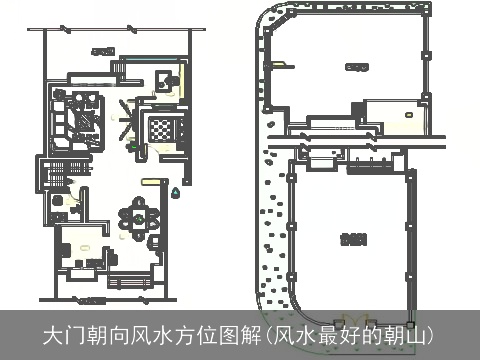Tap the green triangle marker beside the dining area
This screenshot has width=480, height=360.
coord(177,189)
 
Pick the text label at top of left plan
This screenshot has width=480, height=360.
coord(99,49)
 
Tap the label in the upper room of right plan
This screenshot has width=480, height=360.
coord(352,67)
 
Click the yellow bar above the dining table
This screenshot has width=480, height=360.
coord(149,181)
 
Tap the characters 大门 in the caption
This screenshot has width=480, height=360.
coord(64,333)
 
